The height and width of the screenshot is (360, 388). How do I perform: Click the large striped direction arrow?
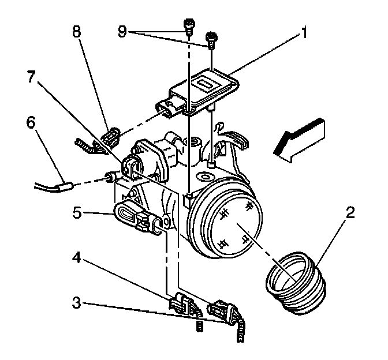click(x=300, y=137)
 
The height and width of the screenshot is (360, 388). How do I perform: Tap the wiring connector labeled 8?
click(x=110, y=137)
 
